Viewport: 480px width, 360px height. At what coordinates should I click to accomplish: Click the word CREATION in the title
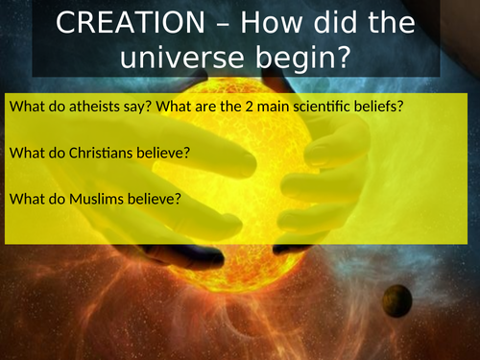[131, 22]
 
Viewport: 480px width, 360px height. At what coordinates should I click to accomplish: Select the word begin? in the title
[303, 59]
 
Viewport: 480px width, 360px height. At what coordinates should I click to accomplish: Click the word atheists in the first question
[94, 107]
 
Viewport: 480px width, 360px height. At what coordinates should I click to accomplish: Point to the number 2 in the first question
[250, 107]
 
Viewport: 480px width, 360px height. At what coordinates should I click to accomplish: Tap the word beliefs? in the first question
[378, 107]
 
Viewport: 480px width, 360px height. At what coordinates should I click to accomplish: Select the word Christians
[101, 153]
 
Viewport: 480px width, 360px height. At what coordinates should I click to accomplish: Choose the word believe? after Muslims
[155, 199]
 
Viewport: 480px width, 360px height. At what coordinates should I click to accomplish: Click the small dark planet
[397, 300]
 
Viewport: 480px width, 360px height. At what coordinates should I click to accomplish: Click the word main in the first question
[273, 107]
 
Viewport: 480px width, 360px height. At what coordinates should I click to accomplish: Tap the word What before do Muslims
[27, 199]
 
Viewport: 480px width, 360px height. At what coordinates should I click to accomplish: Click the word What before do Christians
[27, 153]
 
